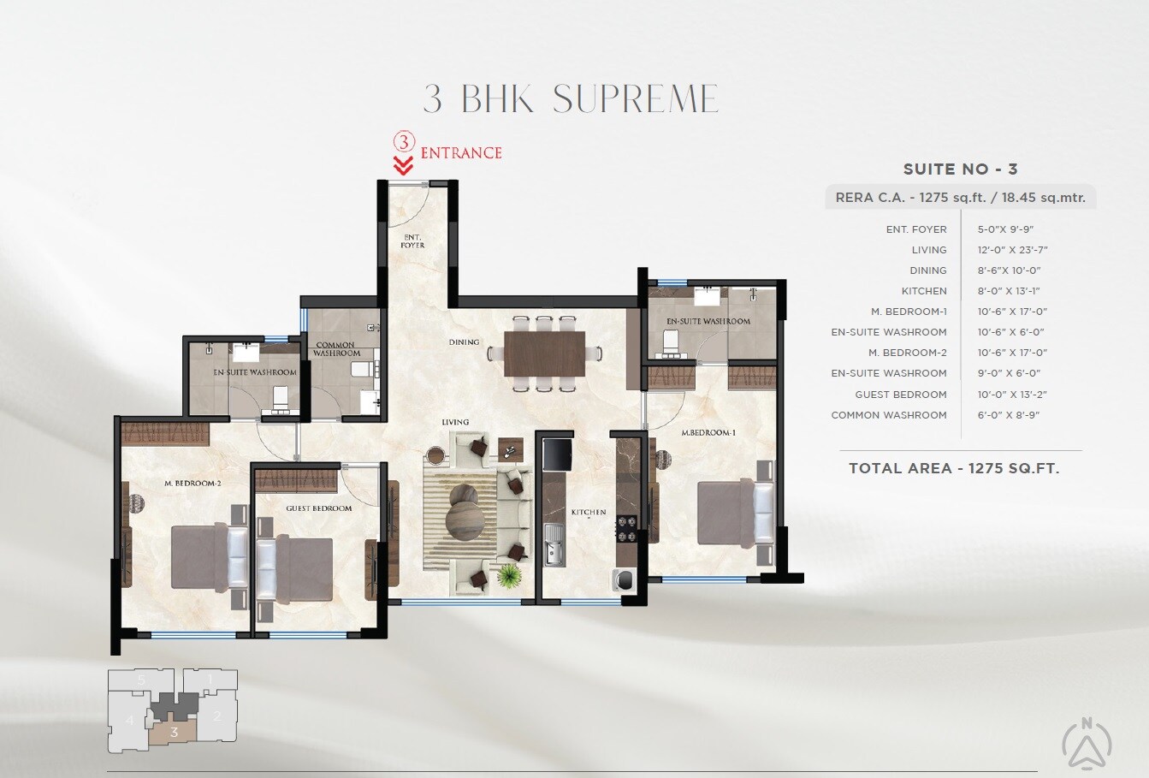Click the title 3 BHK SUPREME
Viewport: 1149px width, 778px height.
coord(571,99)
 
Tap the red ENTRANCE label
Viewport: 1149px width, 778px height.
coord(460,153)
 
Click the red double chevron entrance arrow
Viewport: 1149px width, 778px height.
coord(403,165)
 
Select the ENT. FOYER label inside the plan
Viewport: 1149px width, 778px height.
coord(412,241)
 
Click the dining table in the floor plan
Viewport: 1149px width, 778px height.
coord(544,353)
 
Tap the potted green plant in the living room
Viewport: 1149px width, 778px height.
coord(509,576)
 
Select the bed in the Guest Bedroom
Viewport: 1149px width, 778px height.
coord(295,569)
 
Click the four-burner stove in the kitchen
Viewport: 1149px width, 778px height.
coord(626,528)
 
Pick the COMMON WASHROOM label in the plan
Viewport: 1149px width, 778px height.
coord(336,349)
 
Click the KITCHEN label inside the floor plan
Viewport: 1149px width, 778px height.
coord(589,512)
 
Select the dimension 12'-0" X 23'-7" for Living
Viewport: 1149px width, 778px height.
coord(1012,250)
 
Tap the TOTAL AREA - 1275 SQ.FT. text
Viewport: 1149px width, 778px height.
coord(954,468)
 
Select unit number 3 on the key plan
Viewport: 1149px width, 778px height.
coord(174,732)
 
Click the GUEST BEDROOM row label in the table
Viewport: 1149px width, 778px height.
coord(900,395)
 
